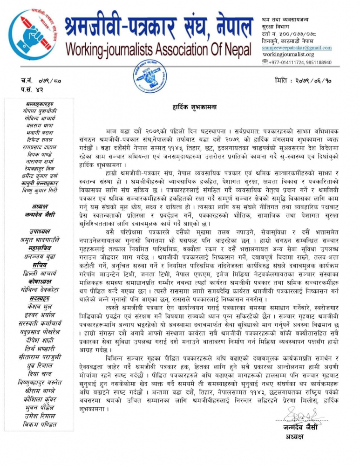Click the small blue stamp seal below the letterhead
150,75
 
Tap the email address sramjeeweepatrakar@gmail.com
296,48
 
